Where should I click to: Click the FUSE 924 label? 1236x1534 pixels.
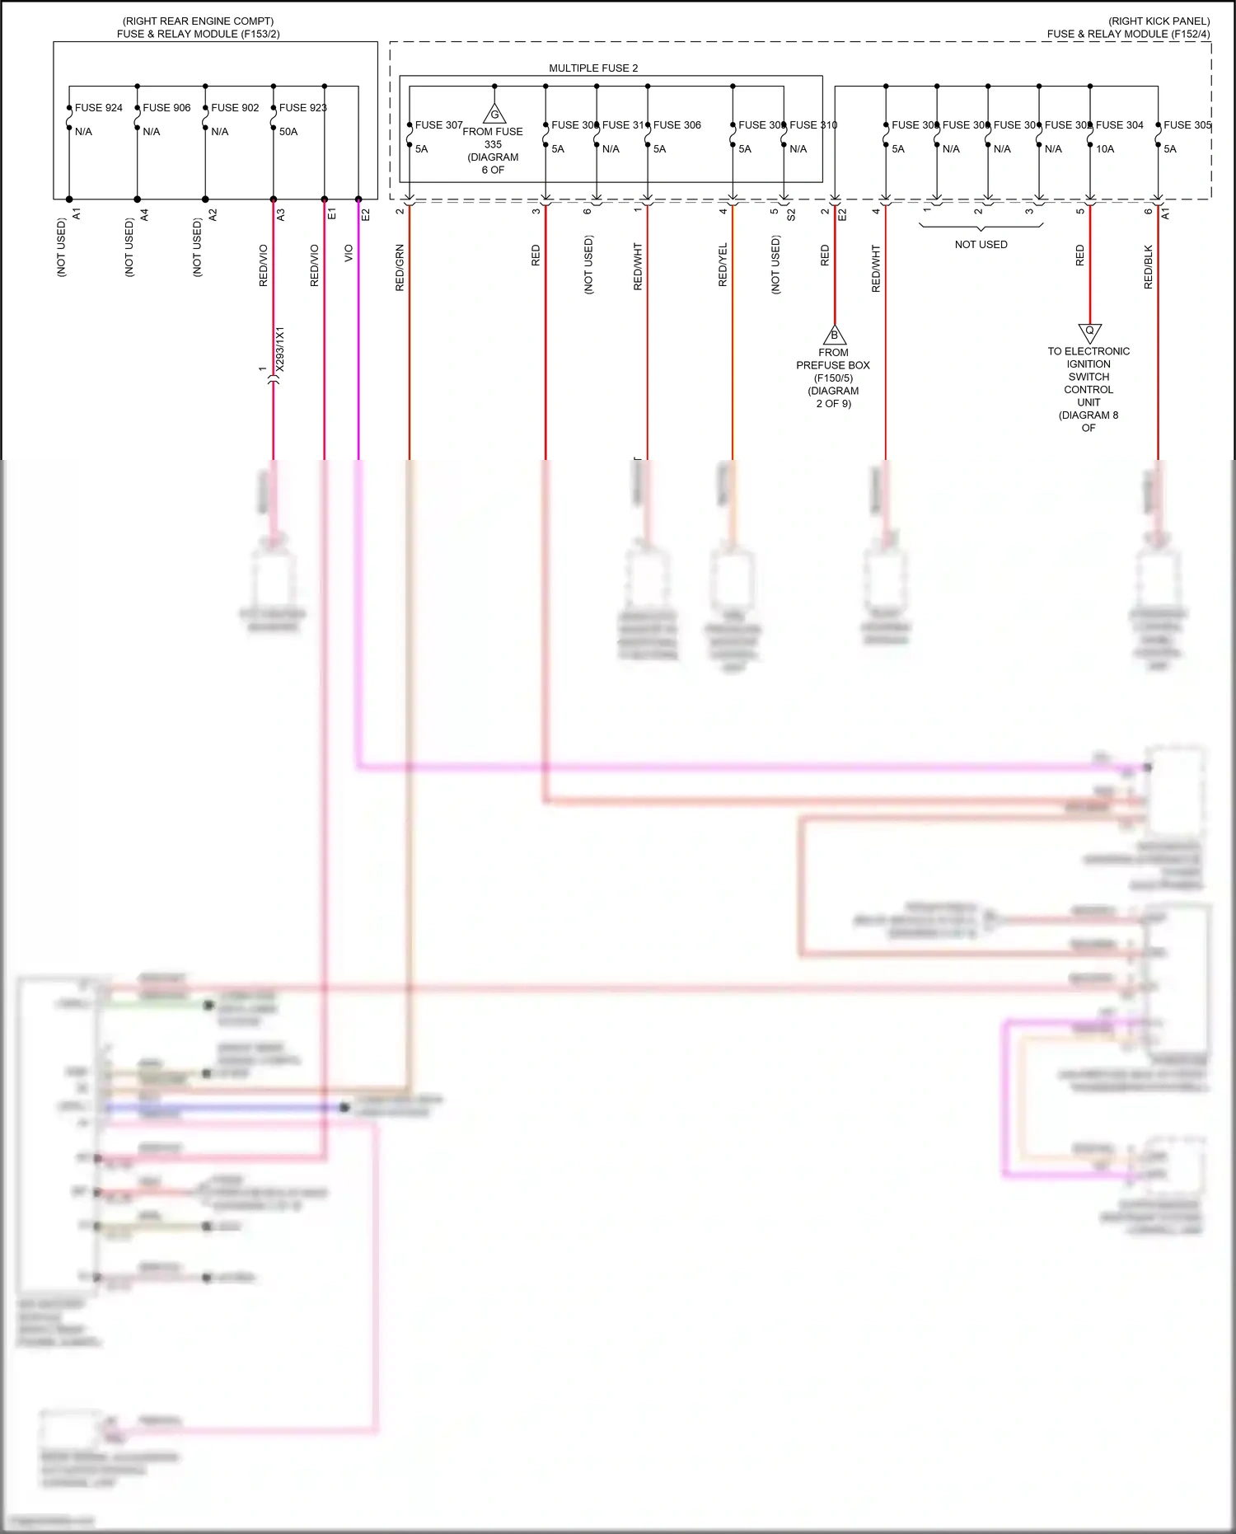[98, 108]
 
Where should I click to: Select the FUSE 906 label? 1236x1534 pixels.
[166, 108]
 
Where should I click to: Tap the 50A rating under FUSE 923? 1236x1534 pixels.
[288, 132]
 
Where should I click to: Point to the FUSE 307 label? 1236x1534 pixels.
[438, 125]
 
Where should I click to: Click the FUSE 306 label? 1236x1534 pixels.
[677, 125]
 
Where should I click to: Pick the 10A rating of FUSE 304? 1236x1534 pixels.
[1105, 149]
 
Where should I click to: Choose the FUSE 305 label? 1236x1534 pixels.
[1187, 125]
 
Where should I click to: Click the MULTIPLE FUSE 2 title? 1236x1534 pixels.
[593, 68]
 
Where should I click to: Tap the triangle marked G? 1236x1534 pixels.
[494, 115]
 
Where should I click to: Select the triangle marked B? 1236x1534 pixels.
[835, 335]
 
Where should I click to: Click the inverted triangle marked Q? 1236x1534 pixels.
[1089, 332]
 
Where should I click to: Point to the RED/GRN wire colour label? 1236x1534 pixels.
[400, 268]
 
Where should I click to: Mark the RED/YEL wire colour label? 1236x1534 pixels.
[723, 265]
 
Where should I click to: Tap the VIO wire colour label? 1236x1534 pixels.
[349, 253]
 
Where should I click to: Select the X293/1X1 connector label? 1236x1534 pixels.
[280, 349]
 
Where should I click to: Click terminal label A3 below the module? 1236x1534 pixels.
[281, 214]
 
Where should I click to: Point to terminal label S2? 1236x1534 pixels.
[791, 215]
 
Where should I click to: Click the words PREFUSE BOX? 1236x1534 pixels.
[833, 365]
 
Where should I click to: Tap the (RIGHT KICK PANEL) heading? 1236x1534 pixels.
[1159, 21]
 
